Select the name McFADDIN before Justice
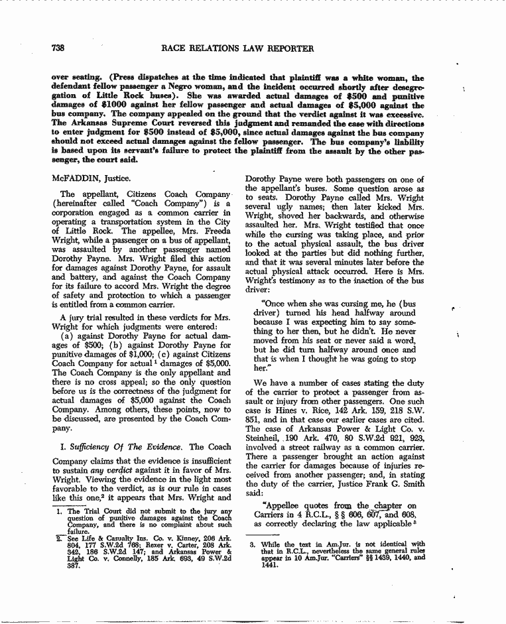click(x=73, y=177)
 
